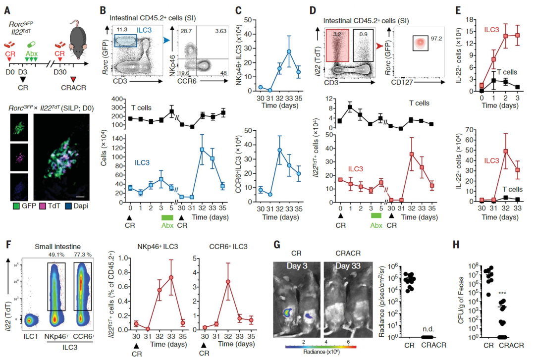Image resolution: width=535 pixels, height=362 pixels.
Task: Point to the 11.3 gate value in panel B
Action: pyautogui.click(x=122, y=30)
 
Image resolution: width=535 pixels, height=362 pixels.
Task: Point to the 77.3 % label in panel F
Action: pyautogui.click(x=83, y=256)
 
